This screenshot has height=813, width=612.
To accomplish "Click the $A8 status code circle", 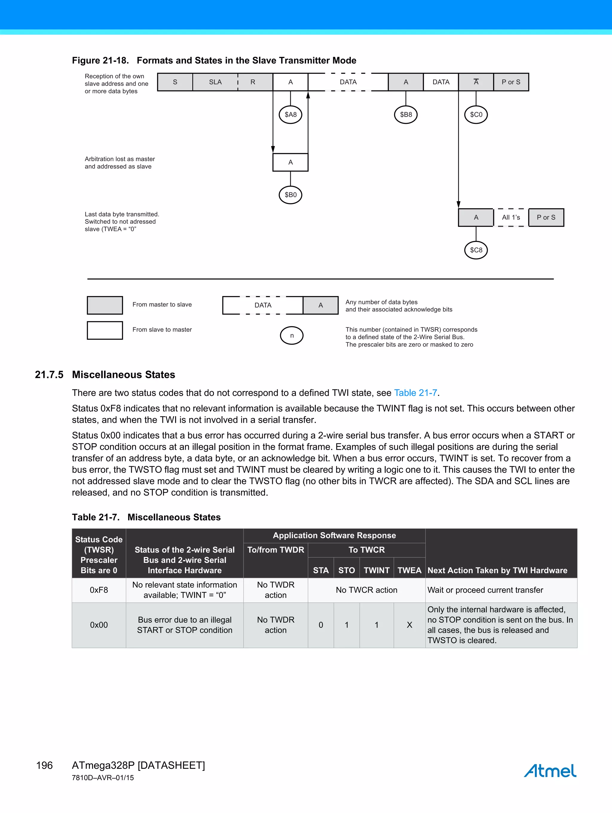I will (x=290, y=115).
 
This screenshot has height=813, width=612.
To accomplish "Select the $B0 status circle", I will (x=290, y=195).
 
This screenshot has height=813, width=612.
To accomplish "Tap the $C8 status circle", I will (x=476, y=250).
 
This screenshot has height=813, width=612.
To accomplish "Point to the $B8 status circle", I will (x=406, y=115).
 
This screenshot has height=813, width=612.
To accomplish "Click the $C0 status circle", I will (x=476, y=115).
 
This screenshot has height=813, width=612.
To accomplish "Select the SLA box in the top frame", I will (x=215, y=82).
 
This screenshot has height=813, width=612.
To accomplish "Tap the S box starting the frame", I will (x=175, y=82).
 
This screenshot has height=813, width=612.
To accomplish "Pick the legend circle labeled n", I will (x=292, y=335).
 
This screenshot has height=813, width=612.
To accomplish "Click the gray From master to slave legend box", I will (x=105, y=305).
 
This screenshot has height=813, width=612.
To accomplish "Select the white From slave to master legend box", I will (x=105, y=330).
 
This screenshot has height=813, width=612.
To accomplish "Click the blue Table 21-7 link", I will (x=415, y=393).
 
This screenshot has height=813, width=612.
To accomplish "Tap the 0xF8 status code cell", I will (x=99, y=590).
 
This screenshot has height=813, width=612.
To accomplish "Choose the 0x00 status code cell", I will (x=99, y=625).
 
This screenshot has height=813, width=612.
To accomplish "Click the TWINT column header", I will (x=376, y=571).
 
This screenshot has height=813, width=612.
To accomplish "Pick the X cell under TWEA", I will (x=409, y=625).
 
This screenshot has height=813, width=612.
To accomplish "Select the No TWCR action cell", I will (x=366, y=590).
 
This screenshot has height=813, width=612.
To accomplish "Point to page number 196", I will (x=45, y=765).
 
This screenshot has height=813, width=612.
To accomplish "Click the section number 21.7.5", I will (x=49, y=375).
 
